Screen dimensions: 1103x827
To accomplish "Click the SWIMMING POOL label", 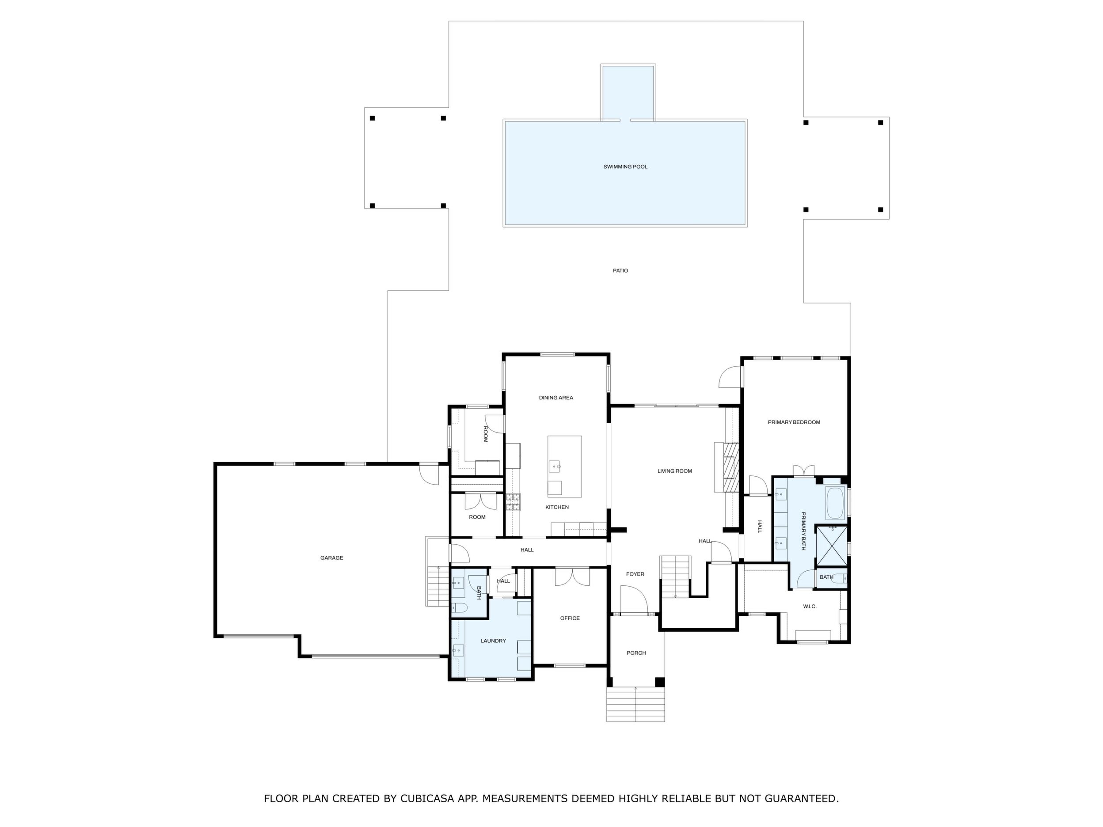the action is pos(625,167).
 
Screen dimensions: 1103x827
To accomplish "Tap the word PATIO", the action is pos(620,271).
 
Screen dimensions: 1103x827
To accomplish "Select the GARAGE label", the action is pos(331,558).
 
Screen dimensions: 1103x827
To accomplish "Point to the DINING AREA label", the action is pos(556,398).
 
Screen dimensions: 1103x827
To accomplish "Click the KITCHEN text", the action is pos(557,507).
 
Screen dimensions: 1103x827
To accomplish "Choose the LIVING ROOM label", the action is pos(675,471).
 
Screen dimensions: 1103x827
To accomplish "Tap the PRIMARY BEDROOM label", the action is pos(794,422).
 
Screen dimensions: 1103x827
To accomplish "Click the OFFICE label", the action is pos(570,618).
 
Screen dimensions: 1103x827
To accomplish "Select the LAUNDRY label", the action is pos(493,641).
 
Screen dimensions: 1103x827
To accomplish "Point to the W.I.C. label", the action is pos(810,607).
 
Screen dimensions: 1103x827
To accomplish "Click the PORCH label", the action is pos(636,653).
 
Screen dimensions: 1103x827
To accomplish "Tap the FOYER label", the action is pos(635,574).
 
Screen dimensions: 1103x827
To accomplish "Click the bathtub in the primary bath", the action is pos(835,504).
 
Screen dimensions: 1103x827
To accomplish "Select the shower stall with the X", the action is pos(832,546).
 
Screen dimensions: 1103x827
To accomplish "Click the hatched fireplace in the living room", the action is pos(730,467).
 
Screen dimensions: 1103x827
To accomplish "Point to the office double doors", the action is pos(572,577).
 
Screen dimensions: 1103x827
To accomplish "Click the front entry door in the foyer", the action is pos(634,599).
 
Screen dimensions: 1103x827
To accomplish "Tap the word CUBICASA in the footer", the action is pos(434,799).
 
